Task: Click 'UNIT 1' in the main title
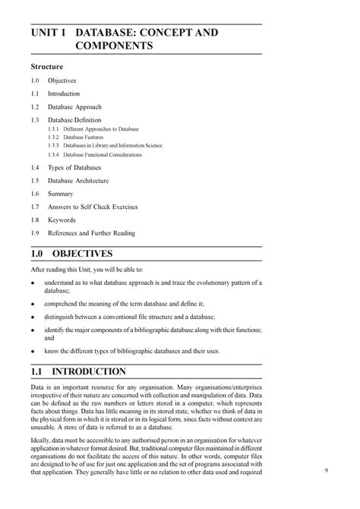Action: coord(49,33)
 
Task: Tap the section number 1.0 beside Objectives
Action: coord(35,81)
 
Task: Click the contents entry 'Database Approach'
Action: coord(74,107)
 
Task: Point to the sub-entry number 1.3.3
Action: coord(53,146)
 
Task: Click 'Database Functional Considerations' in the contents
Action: coord(103,154)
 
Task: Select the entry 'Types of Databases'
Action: coord(74,167)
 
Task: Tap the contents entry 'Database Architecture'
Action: coord(78,181)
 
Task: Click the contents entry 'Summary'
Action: coord(60,194)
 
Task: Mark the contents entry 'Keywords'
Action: coord(62,220)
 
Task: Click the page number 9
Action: coord(325,471)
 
